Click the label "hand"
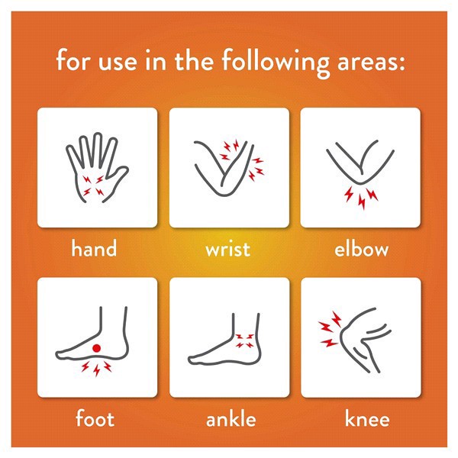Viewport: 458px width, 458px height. point(94,248)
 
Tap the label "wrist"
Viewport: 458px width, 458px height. point(227,249)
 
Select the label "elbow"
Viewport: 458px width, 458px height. point(361,248)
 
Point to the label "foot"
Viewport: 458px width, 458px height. point(95,418)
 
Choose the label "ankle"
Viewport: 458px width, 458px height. point(231,418)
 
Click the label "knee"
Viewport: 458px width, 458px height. point(367,418)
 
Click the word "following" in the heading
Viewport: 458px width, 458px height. point(276,63)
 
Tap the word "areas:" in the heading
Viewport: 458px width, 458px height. point(371,62)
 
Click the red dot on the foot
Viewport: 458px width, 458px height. point(97,348)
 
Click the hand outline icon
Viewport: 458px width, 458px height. point(97,168)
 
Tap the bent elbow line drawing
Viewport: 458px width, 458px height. point(360,182)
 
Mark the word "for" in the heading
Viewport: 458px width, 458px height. point(73,60)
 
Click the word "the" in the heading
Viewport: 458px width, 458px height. point(194,60)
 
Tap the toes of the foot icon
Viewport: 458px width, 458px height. point(62,355)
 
